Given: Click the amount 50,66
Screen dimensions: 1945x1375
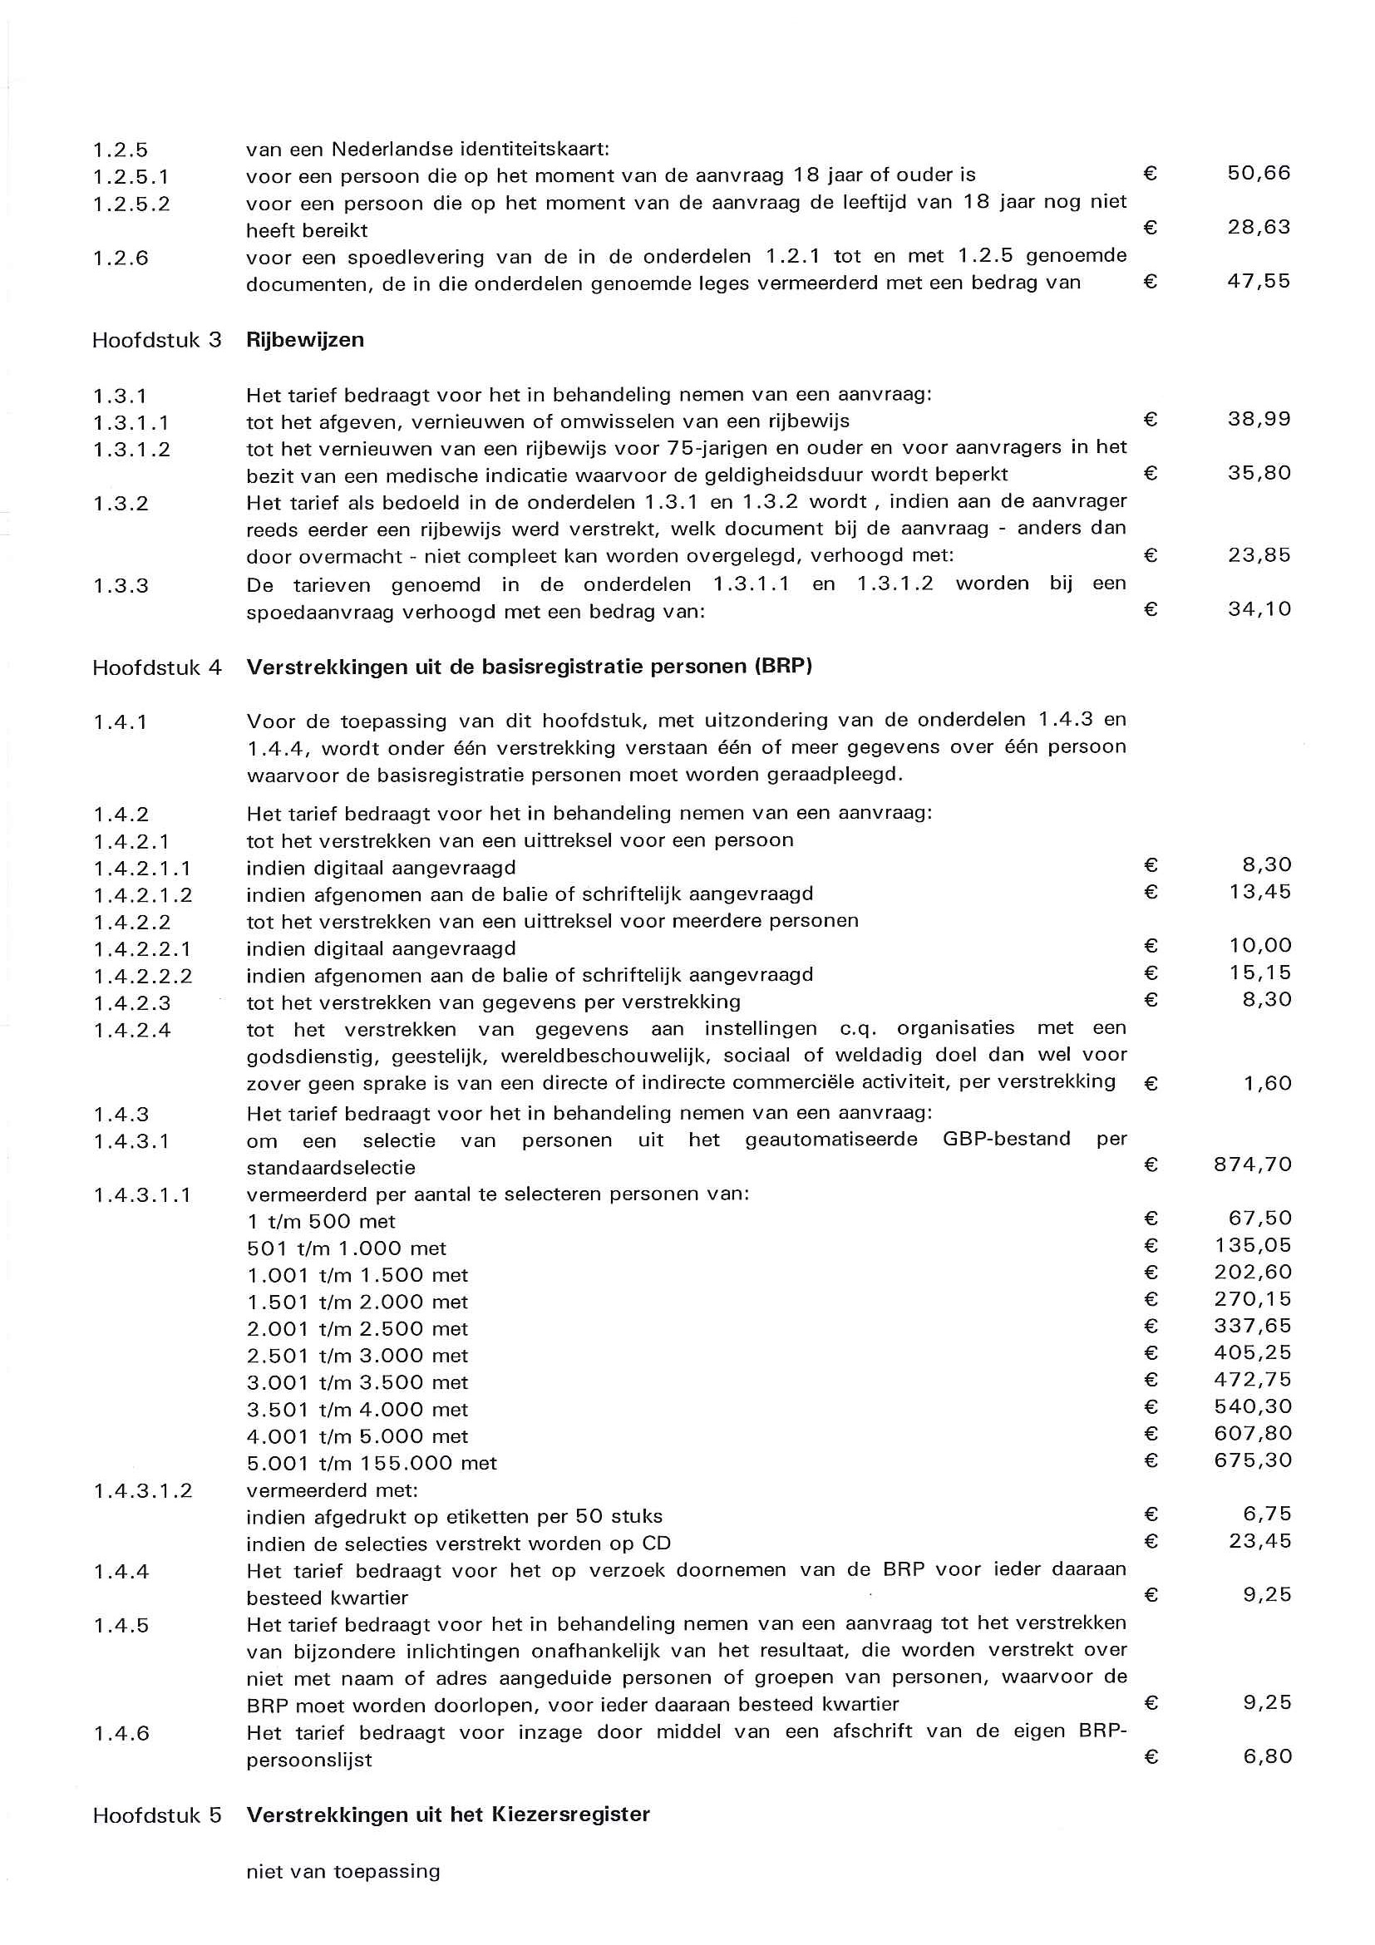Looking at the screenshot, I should click(1259, 174).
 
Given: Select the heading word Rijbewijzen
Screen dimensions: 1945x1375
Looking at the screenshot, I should click(305, 340).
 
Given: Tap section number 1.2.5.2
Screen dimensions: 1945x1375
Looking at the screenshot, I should click(131, 204).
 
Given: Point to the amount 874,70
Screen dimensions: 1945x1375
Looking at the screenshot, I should click(1252, 1165).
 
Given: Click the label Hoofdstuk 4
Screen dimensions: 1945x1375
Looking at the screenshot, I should click(157, 667).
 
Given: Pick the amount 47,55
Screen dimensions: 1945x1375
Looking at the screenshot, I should click(1259, 281).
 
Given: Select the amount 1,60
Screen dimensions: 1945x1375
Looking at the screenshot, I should click(1268, 1084).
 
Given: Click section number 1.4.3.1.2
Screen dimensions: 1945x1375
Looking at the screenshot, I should click(142, 1490).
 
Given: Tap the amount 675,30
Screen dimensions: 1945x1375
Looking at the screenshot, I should click(1252, 1460).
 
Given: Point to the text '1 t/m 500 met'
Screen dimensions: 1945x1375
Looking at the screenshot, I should click(321, 1222).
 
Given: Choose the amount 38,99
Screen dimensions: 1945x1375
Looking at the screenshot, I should click(1259, 419).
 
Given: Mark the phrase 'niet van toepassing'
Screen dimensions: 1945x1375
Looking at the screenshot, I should click(343, 1871).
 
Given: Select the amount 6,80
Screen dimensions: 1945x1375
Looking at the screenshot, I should click(1268, 1757).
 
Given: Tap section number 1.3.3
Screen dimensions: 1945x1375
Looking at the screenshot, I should click(121, 585).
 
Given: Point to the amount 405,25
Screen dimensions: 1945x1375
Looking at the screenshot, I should click(1252, 1353).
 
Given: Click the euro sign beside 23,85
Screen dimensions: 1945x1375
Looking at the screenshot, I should click(1151, 556).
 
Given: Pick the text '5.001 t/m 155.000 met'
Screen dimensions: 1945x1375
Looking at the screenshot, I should click(371, 1463).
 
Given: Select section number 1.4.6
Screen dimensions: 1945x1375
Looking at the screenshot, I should click(121, 1733).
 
